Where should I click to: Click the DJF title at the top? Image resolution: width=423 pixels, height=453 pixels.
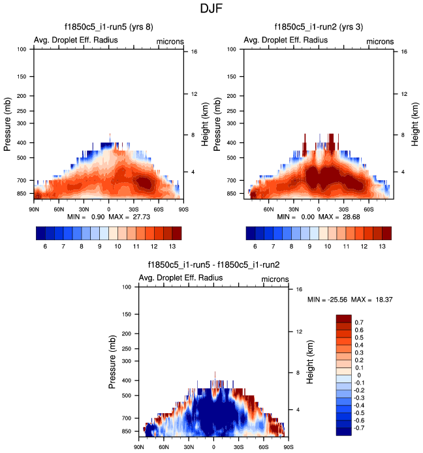[211, 9]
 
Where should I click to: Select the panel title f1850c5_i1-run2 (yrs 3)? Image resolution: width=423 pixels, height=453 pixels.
[319, 27]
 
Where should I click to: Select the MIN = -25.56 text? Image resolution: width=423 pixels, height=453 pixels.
[327, 300]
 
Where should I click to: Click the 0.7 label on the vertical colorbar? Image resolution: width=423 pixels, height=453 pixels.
[360, 322]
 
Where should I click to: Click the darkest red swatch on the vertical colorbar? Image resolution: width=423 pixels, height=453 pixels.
[344, 319]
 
